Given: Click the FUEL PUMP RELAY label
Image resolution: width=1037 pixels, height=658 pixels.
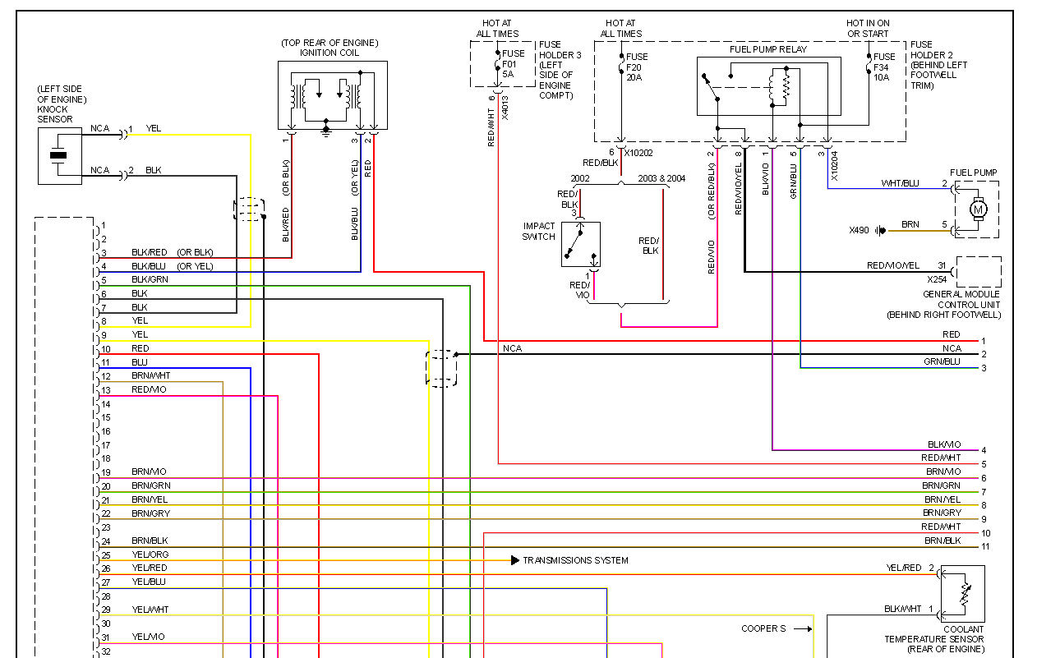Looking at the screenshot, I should coord(768,49).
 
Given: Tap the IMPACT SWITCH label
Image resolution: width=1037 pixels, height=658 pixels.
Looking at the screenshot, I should coord(539,232).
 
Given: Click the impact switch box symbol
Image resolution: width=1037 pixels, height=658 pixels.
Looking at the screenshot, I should coord(581,244).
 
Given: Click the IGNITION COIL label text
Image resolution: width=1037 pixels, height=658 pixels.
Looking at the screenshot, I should coord(330,53).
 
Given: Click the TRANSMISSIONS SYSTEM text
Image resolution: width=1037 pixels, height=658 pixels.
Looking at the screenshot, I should coord(575,560).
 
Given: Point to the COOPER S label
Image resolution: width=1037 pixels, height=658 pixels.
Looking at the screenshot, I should coord(763,628).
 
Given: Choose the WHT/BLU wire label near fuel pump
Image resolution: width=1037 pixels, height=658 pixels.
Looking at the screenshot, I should coord(900,183).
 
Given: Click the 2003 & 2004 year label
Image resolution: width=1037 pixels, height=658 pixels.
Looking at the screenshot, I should coord(661,177).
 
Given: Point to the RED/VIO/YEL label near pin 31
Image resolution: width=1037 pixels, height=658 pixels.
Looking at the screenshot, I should coord(893,265).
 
